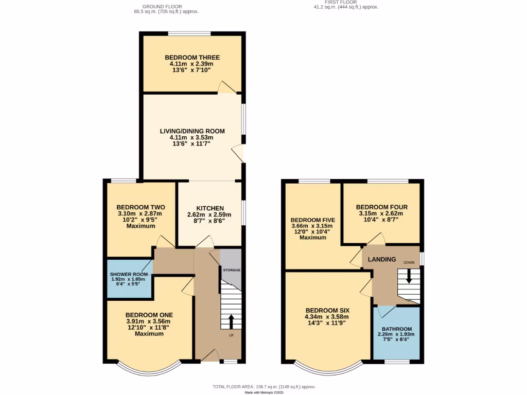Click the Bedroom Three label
click(x=192, y=58)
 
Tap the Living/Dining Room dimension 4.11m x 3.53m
click(x=191, y=137)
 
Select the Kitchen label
click(x=208, y=208)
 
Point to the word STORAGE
click(x=231, y=270)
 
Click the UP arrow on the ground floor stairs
click(x=231, y=321)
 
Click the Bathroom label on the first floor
click(x=396, y=329)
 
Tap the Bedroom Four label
click(x=381, y=207)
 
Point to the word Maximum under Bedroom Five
click(x=312, y=238)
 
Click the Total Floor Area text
click(x=263, y=386)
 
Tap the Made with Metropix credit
click(x=263, y=392)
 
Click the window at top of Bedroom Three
click(x=189, y=34)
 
